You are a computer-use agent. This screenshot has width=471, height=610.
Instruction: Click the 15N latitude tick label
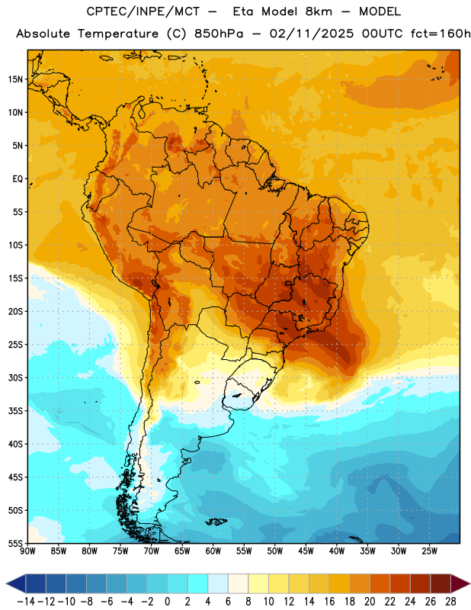[15, 79]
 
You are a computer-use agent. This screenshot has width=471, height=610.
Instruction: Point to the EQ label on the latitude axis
[18, 179]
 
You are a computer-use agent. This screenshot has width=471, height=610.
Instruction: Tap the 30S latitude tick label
[15, 377]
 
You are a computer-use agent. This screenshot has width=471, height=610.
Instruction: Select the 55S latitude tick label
[15, 543]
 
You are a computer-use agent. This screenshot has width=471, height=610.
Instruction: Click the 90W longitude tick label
[27, 551]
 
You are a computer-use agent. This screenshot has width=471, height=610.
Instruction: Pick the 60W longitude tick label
[213, 551]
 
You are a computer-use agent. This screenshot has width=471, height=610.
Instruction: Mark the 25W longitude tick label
[429, 551]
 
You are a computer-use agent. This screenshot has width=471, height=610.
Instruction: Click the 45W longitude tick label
[306, 551]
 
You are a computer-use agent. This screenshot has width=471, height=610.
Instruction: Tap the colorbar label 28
[450, 602]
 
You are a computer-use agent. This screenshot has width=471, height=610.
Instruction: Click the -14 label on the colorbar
[26, 602]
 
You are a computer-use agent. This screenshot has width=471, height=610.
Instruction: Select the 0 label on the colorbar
[167, 602]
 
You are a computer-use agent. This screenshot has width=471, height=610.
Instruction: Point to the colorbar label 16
[329, 602]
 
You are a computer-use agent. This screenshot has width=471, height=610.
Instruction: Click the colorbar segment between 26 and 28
[441, 583]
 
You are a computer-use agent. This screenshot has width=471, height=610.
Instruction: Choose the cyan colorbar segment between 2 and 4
[197, 583]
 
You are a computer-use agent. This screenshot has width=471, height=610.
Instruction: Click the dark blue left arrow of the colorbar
[16, 583]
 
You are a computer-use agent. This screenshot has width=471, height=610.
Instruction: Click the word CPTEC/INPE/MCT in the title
[143, 11]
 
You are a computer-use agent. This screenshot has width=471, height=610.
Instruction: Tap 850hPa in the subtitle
[219, 34]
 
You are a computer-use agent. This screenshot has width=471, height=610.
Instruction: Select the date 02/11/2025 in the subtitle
[312, 34]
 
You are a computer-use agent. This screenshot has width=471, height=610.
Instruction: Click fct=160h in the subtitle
[441, 34]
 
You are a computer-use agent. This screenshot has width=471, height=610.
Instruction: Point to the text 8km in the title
[319, 11]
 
